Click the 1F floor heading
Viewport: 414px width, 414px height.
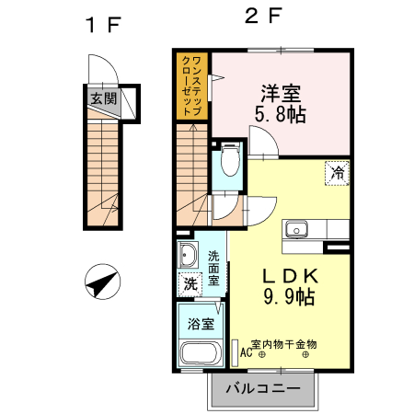[x=103, y=25]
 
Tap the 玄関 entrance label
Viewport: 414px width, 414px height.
[x=103, y=98]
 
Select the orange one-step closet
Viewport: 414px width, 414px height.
[x=193, y=85]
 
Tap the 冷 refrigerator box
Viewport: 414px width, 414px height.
[x=338, y=172]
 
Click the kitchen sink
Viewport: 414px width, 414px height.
[x=296, y=230]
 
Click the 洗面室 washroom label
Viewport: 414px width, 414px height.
[x=213, y=267]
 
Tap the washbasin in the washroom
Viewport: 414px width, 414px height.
[x=189, y=255]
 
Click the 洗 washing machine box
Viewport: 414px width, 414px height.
[x=189, y=284]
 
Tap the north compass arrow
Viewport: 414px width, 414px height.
[x=101, y=282]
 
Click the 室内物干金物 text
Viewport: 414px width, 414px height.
[x=284, y=342]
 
